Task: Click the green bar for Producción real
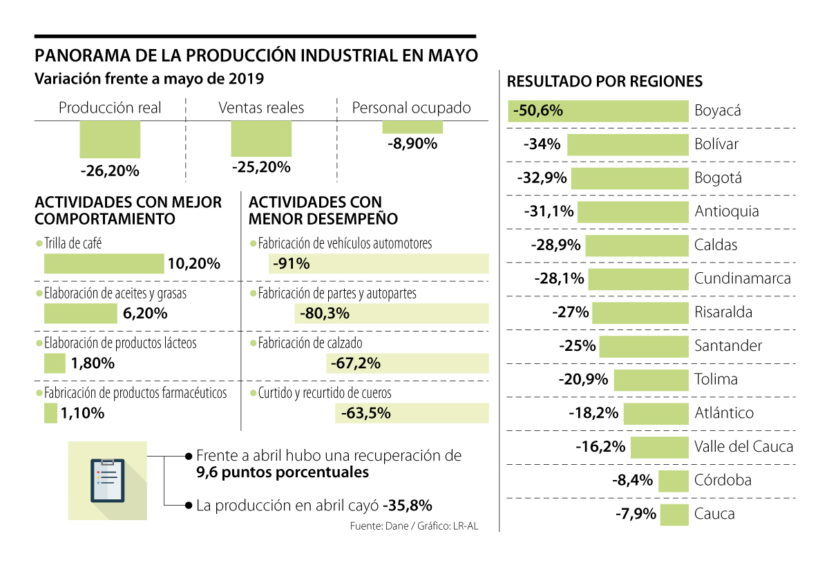tap(110, 140)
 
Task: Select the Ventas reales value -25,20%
tap(261, 167)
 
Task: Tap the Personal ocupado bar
tap(412, 127)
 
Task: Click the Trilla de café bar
tap(104, 264)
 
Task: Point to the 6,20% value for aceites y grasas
tap(145, 314)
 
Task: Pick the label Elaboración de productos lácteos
tap(120, 343)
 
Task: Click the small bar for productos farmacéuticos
tap(50, 413)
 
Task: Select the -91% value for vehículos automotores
tap(291, 264)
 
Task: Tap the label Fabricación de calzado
tap(309, 343)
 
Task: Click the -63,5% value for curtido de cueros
tap(365, 413)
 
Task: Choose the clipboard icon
tap(107, 480)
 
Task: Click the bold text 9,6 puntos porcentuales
tap(283, 472)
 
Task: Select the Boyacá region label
tap(718, 111)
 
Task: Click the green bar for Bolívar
tap(628, 144)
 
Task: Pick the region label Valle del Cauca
tap(743, 447)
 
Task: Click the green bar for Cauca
tap(674, 515)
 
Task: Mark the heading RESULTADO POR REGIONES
tap(604, 82)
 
